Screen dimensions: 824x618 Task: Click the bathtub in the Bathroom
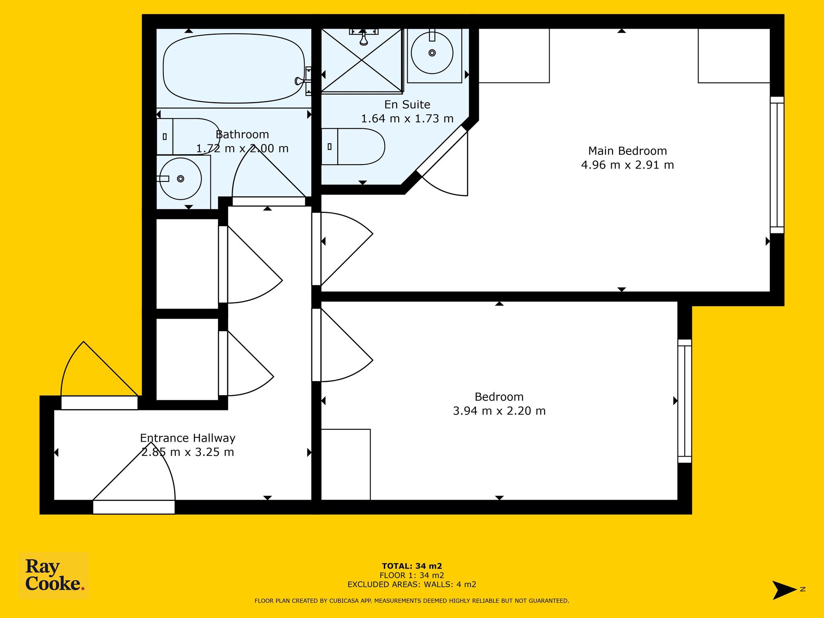click(233, 68)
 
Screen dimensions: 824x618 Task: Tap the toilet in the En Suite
click(353, 146)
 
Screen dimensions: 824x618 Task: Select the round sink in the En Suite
click(432, 53)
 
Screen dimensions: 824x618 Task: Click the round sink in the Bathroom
click(181, 179)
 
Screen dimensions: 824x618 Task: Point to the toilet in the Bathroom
click(188, 136)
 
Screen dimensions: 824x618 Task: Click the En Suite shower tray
click(362, 60)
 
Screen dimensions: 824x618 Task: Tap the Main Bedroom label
click(627, 151)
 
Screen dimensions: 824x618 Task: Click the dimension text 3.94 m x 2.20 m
click(499, 411)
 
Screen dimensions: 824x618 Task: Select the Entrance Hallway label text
click(187, 438)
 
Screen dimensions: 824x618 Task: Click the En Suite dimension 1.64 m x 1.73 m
click(407, 119)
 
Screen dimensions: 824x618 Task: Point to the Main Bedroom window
click(777, 165)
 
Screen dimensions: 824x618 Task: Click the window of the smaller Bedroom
click(685, 401)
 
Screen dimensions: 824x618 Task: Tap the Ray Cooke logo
click(54, 576)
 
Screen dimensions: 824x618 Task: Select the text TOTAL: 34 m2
click(412, 566)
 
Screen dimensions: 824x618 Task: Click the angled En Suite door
click(442, 152)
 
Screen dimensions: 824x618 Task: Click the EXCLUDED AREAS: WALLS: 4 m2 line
click(412, 585)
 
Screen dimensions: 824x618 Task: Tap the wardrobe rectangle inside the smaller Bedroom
click(346, 465)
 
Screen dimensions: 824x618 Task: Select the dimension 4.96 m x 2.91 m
click(627, 165)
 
